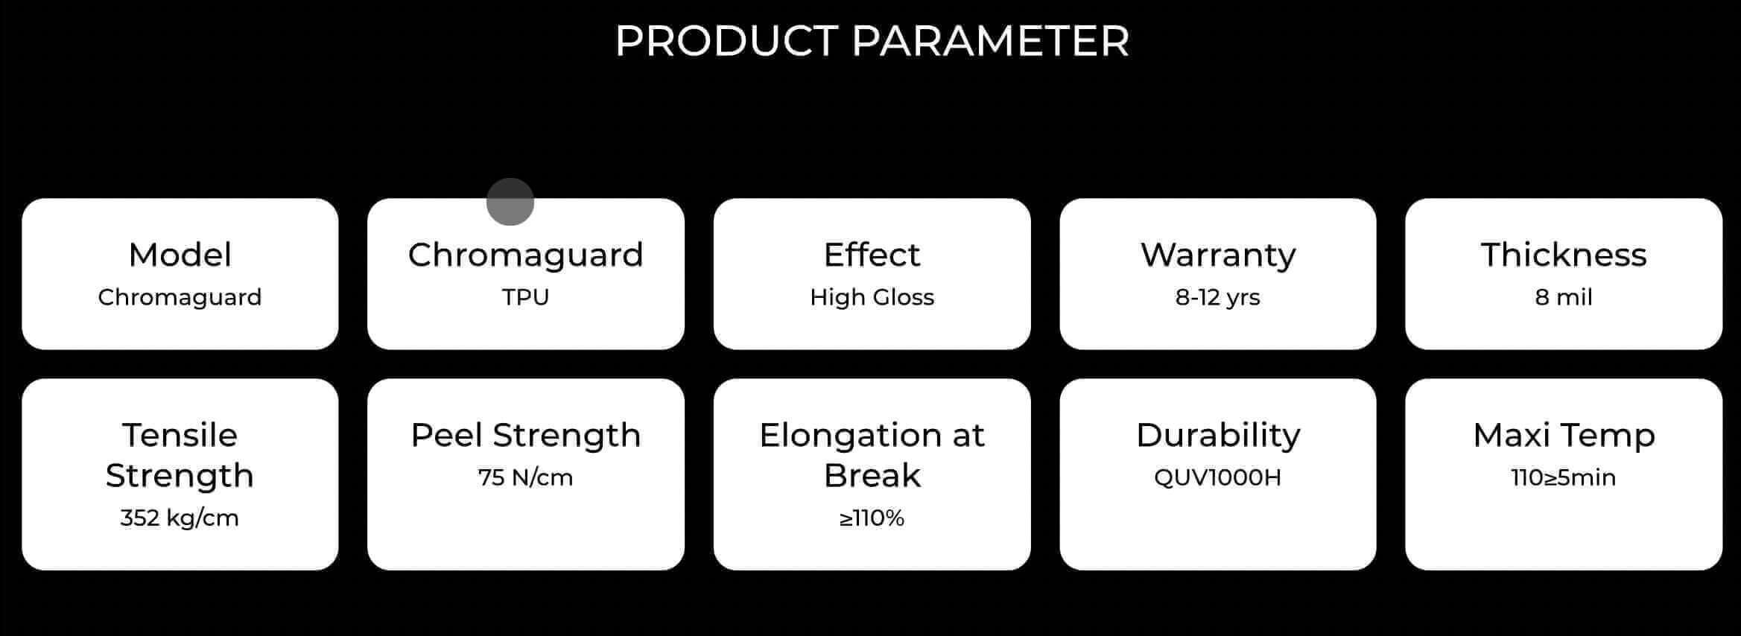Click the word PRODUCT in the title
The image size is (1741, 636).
point(726,41)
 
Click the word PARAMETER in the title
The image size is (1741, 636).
point(990,41)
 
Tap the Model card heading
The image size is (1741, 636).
point(180,255)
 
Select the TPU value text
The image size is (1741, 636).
point(525,297)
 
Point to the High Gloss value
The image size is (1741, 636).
point(872,297)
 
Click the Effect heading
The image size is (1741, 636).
point(872,255)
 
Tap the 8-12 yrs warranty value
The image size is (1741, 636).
point(1217,298)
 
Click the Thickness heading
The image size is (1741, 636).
point(1564,255)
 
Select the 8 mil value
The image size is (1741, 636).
point(1564,297)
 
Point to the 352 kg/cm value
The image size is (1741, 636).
point(180,518)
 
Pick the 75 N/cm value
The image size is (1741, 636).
point(525,477)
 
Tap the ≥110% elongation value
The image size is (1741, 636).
point(872,518)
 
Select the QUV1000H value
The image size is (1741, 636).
point(1217,477)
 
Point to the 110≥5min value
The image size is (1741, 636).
point(1564,477)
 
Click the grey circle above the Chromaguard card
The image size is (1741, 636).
point(510,201)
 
